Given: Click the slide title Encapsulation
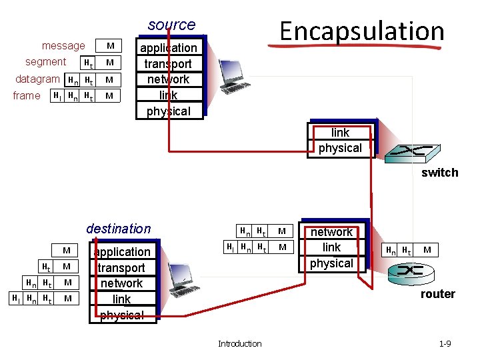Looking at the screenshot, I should [362, 31].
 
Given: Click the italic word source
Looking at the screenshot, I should [172, 25].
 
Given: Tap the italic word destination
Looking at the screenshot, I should [119, 229].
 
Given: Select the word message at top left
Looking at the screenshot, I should [63, 46].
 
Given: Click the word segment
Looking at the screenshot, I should [45, 62].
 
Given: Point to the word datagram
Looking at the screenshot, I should [38, 79].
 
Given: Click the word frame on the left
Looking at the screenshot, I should [27, 95].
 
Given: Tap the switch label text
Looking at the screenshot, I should [440, 173].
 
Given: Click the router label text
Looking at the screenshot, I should [437, 294].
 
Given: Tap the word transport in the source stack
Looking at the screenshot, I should [168, 64].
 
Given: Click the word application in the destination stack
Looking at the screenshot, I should [122, 252].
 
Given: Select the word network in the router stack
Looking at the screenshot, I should [331, 232].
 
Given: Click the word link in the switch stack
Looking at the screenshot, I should [340, 133].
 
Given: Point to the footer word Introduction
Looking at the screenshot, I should [239, 343].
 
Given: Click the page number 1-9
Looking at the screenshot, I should [445, 343].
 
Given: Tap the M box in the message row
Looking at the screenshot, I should [111, 46].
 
